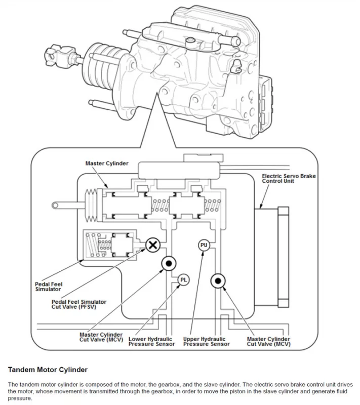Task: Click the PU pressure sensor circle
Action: (204, 245)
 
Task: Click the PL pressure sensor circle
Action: (184, 279)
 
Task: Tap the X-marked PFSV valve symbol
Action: (153, 245)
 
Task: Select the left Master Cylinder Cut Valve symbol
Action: (168, 263)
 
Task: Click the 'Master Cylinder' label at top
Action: (107, 164)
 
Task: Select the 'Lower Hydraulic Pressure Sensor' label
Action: (151, 342)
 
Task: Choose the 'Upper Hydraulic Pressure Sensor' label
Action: (206, 342)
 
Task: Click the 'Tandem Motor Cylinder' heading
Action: (48, 370)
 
